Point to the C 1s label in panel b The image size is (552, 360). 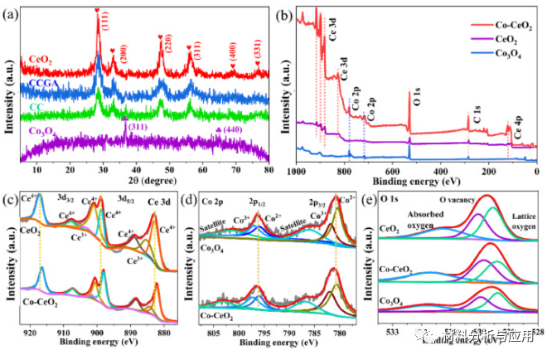coord(477,111)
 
